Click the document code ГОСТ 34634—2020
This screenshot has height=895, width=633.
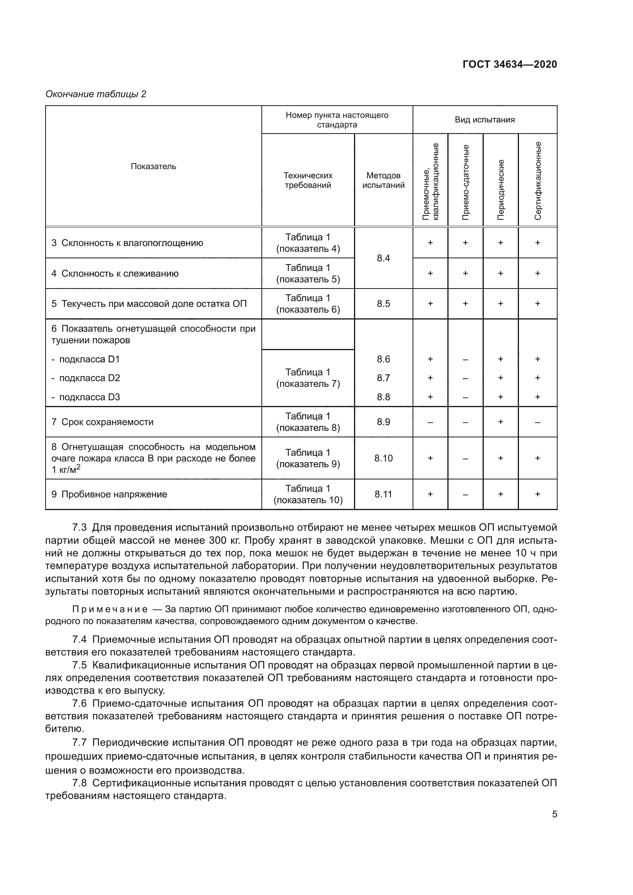[509, 64]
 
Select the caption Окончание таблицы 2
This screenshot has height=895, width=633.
[96, 94]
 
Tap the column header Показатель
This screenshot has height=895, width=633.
[153, 166]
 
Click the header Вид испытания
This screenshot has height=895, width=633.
[485, 120]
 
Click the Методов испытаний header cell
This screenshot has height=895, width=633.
[383, 180]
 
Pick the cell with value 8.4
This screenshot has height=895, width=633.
[383, 258]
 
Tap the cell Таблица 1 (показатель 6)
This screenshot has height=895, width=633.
[308, 304]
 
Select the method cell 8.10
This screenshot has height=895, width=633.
[383, 458]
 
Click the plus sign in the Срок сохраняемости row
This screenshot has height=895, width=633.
[501, 422]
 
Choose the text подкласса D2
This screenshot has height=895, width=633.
[89, 378]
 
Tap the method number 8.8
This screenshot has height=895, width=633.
[383, 397]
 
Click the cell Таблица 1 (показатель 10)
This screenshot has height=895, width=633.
[308, 494]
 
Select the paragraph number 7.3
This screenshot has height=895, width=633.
[80, 528]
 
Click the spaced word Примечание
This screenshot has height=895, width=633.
[109, 609]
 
